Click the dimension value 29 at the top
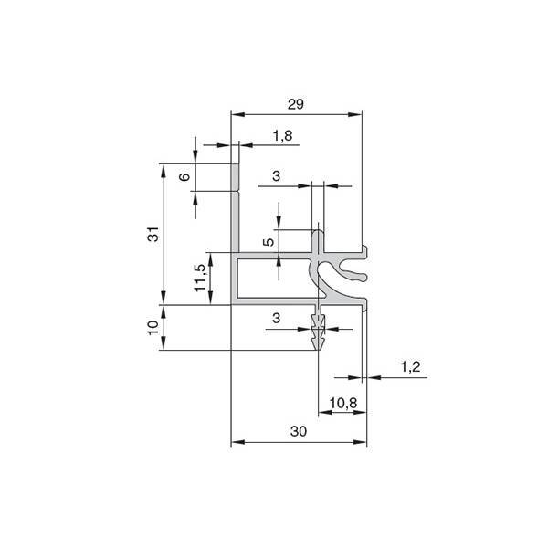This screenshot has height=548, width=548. [296, 104]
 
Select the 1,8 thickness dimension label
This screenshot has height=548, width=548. [282, 135]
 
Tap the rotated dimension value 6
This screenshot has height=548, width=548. [184, 176]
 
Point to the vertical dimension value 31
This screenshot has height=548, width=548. [153, 234]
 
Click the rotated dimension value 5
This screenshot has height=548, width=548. [269, 241]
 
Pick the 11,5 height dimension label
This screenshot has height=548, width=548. [200, 278]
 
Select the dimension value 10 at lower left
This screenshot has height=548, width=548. [153, 328]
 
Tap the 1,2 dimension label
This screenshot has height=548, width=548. [410, 367]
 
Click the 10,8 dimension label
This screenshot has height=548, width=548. [343, 403]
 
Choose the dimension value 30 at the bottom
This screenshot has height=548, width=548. [299, 431]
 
